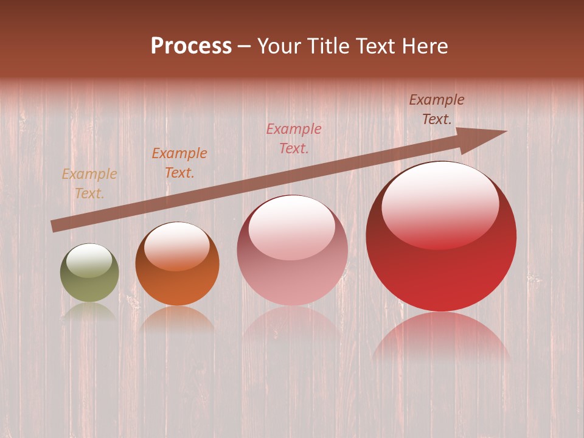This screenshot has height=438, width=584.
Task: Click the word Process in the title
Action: click(x=191, y=46)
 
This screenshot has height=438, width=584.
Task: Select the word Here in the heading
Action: click(x=426, y=46)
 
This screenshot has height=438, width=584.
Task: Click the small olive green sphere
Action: click(x=89, y=273)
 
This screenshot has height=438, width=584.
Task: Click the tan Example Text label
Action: click(x=89, y=184)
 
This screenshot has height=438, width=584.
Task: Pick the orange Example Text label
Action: click(x=179, y=163)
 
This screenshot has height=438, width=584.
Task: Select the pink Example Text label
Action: click(x=294, y=138)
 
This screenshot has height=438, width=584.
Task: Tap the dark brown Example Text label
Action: click(x=437, y=109)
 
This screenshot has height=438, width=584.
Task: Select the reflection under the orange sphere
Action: click(x=177, y=319)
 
